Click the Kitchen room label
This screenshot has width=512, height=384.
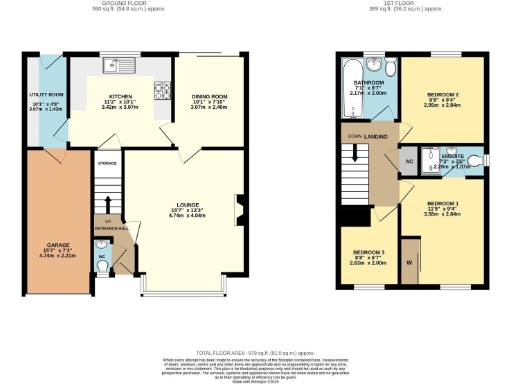(121, 98)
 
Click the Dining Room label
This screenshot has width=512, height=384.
(210, 97)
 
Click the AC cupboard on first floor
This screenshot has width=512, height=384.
(409, 160)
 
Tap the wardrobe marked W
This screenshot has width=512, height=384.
(409, 263)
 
